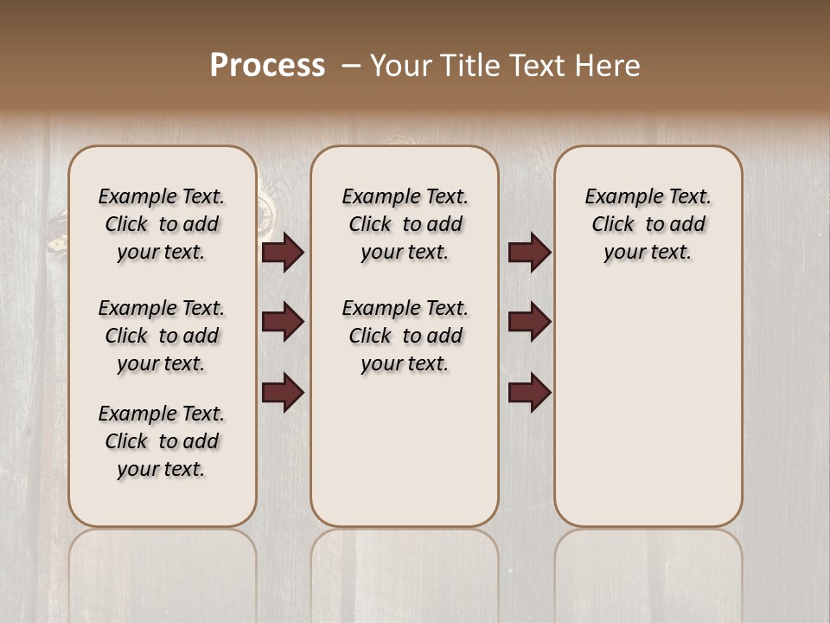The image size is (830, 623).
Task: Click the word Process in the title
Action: tap(267, 65)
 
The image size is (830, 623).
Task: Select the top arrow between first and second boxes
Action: tap(283, 253)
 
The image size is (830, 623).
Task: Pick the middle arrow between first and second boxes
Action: tap(283, 322)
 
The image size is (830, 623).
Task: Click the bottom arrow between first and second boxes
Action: tap(283, 392)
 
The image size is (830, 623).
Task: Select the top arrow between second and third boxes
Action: tap(529, 253)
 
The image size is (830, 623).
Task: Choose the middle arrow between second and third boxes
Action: tap(529, 322)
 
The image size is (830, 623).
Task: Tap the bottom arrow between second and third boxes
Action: tap(529, 392)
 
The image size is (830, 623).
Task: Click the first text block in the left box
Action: tap(162, 224)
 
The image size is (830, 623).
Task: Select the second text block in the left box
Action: tap(162, 336)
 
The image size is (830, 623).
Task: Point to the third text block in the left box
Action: tap(162, 441)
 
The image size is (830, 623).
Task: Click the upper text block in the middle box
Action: tap(405, 224)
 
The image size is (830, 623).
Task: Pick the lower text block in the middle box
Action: tap(405, 336)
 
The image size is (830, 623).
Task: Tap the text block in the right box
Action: tap(648, 224)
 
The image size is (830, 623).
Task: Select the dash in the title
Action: tap(351, 65)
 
